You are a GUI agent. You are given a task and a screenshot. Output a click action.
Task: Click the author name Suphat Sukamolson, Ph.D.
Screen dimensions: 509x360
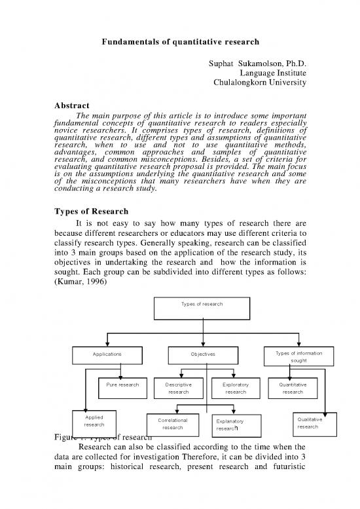[x=252, y=64]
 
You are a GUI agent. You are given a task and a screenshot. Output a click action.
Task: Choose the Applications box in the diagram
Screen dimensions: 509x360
[x=107, y=354]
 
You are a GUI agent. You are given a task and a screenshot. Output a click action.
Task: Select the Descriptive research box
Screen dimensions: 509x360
[x=178, y=388]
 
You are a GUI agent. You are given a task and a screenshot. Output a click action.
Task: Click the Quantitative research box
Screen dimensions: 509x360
[x=293, y=388]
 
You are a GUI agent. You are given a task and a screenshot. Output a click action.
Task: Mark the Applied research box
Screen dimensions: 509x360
[x=91, y=421]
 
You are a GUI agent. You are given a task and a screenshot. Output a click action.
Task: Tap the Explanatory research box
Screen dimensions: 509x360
[x=234, y=424]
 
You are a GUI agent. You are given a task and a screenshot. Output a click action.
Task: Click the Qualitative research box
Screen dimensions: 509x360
[x=308, y=423]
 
